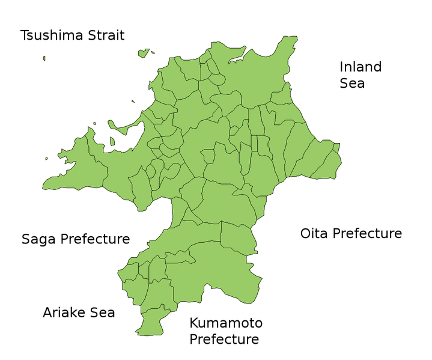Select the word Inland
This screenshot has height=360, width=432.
tap(361, 67)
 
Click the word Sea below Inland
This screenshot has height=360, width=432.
tap(352, 84)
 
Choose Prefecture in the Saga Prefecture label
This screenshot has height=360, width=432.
tap(94, 239)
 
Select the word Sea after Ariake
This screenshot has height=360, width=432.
tap(102, 313)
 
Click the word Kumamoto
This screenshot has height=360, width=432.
tap(226, 323)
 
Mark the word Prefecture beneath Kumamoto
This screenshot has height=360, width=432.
tap(224, 340)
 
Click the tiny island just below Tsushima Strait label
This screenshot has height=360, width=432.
tap(44, 58)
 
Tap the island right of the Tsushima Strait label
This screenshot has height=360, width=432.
tap(144, 53)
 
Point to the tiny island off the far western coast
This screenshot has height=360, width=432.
tap(46, 159)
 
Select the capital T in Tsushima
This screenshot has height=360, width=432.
tap(25, 35)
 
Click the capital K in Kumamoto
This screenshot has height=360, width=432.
tap(194, 323)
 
